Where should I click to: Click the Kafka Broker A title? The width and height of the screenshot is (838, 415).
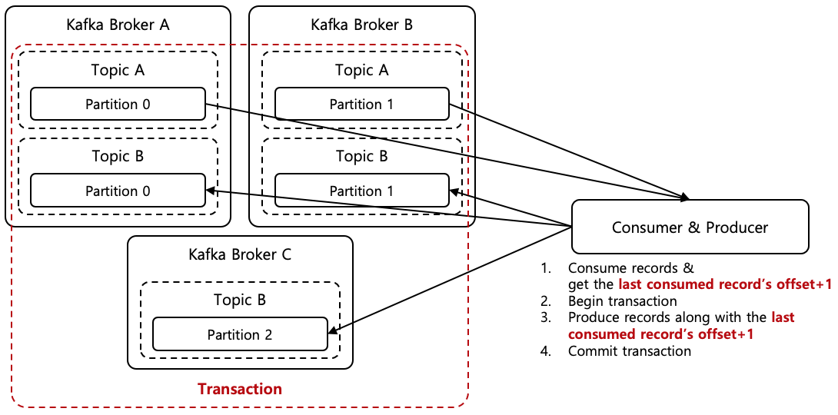pos(118,25)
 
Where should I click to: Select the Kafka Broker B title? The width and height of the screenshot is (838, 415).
pos(361,25)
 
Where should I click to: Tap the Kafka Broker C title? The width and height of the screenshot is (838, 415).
pos(240,254)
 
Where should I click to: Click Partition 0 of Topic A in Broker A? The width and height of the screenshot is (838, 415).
pos(118,105)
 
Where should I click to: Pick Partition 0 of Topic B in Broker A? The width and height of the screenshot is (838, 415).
pos(118,191)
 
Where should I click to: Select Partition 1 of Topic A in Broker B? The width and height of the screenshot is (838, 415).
pos(361,105)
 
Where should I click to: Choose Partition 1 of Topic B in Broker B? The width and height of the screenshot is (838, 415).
pos(361,191)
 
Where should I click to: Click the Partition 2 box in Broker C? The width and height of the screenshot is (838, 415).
pos(240,334)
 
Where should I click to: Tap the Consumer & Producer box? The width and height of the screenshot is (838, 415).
pos(690,227)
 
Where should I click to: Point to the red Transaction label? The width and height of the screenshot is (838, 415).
pos(240,389)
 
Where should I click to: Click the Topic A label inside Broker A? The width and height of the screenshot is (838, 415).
pos(118,71)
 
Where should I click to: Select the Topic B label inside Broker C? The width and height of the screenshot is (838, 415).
pos(240,300)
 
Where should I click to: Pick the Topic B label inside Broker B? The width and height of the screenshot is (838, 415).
pos(361,157)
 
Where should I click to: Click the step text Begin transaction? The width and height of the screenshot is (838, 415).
pos(622,300)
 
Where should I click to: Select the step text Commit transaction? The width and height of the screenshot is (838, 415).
pos(629,351)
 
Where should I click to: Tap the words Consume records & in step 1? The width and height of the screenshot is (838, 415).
pos(630,268)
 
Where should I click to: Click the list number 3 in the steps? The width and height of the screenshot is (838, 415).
pos(546,317)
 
